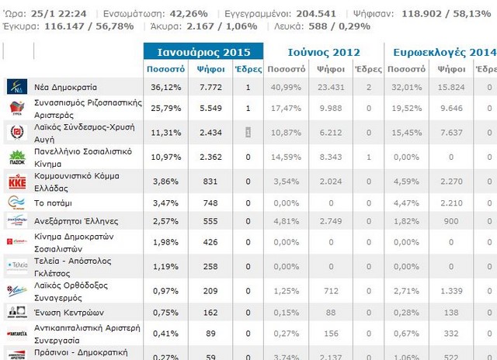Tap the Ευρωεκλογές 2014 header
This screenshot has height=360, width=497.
click(443, 52)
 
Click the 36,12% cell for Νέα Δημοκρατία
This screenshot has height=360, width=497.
click(165, 88)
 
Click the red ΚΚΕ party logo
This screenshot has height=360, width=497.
click(17, 182)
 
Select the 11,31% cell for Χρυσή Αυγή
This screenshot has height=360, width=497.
click(165, 133)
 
